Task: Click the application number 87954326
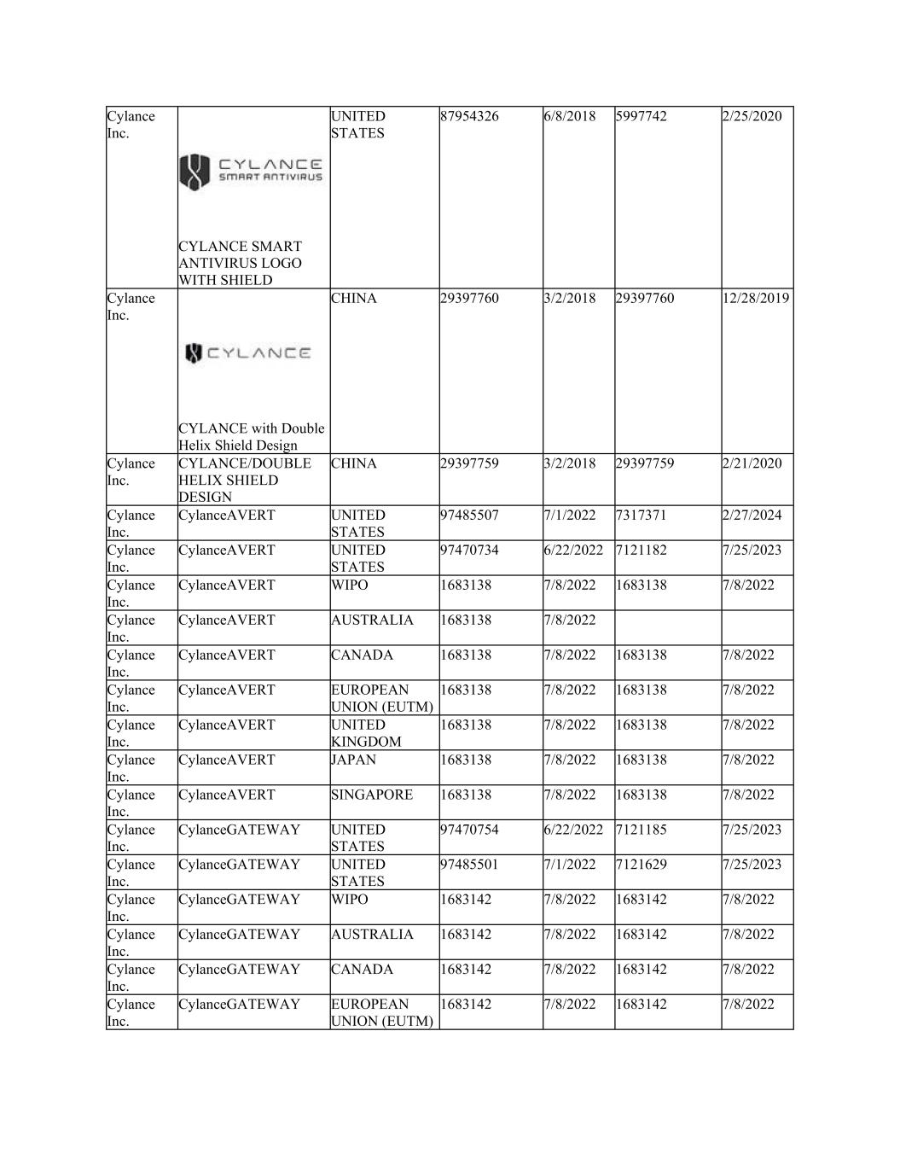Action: click(x=469, y=116)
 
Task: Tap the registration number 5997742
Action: click(x=639, y=116)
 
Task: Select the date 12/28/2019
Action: click(x=756, y=299)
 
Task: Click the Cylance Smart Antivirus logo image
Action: click(x=251, y=172)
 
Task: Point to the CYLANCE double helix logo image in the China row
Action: click(x=248, y=352)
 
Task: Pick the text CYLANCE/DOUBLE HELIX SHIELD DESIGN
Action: click(x=244, y=480)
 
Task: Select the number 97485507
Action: click(x=469, y=516)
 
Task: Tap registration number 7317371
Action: click(x=641, y=516)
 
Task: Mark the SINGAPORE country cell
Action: click(x=372, y=795)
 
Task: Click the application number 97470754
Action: click(x=469, y=830)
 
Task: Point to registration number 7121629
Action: click(x=641, y=865)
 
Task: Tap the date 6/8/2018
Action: click(x=570, y=116)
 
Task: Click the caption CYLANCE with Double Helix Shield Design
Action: click(x=252, y=436)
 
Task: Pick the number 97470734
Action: click(x=469, y=550)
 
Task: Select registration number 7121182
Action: click(x=641, y=550)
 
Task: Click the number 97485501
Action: click(x=469, y=865)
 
